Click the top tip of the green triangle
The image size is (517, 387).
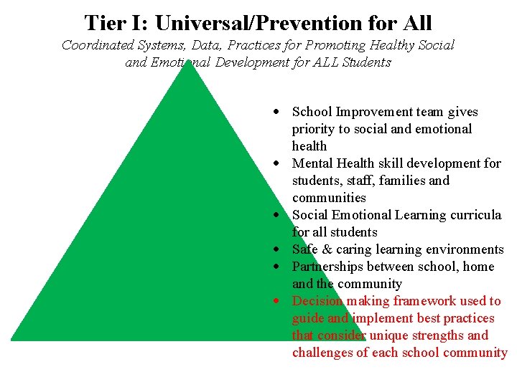pos(188,62)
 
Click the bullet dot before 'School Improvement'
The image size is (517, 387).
pos(276,113)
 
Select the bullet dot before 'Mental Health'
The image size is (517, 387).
pos(276,164)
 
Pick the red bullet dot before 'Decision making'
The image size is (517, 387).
pos(276,302)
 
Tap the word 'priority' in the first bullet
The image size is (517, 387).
pos(315,129)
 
